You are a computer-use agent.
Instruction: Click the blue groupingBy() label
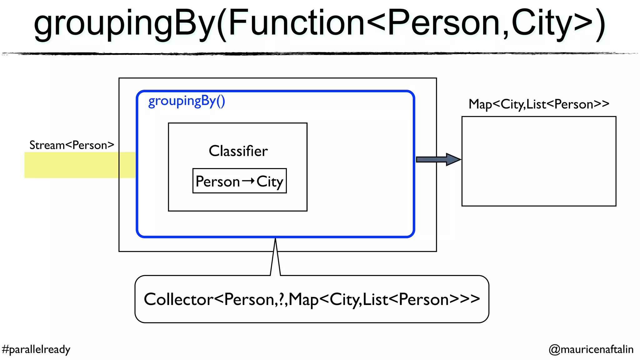point(187,101)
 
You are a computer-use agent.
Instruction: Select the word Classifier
point(238,151)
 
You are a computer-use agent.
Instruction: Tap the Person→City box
point(239,181)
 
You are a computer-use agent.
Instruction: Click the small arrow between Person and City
point(248,181)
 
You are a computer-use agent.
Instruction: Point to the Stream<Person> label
point(72,145)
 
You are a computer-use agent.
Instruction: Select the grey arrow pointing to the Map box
point(438,159)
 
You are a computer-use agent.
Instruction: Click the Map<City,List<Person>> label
point(539,104)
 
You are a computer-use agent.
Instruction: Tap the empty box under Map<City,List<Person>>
point(539,161)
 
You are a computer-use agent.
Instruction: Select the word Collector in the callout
point(178,299)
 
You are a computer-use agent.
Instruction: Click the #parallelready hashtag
point(36,349)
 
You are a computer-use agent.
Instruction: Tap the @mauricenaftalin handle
point(591,349)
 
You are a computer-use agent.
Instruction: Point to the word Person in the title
point(444,23)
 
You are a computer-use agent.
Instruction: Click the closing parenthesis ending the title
point(600,24)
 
